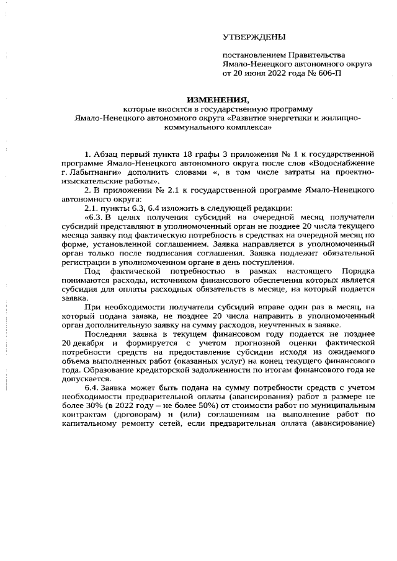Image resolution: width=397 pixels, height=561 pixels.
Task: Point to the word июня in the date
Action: tap(251, 73)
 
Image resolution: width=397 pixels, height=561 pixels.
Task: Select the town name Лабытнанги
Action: tap(94, 172)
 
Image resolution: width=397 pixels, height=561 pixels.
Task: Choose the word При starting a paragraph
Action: tap(92, 307)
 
